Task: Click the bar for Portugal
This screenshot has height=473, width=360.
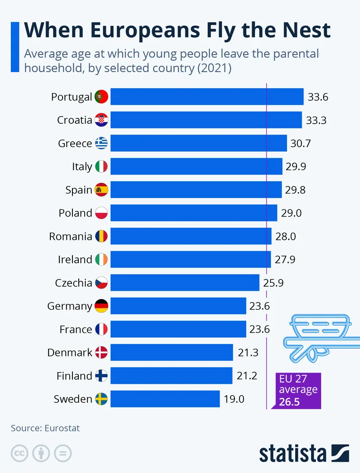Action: (207, 97)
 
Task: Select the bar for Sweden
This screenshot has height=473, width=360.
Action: (165, 399)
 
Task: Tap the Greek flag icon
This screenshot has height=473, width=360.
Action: (101, 144)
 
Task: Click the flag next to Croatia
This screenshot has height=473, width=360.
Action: (101, 120)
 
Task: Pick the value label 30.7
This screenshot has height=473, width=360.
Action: (301, 144)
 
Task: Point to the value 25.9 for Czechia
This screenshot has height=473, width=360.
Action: (273, 283)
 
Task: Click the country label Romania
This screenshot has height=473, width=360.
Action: (71, 236)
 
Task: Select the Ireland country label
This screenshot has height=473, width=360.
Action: (75, 260)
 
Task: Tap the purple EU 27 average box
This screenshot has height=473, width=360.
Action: (298, 390)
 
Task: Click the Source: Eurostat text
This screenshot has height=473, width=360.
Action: (45, 428)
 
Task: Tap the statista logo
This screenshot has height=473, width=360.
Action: (304, 453)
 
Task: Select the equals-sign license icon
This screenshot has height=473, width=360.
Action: (63, 453)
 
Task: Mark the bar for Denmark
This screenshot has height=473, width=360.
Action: (171, 352)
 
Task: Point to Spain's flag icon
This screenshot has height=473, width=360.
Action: (101, 190)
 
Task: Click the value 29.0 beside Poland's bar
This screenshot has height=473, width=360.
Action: (291, 213)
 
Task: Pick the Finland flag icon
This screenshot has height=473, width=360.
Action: (101, 376)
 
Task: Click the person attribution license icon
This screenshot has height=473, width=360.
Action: (41, 453)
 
